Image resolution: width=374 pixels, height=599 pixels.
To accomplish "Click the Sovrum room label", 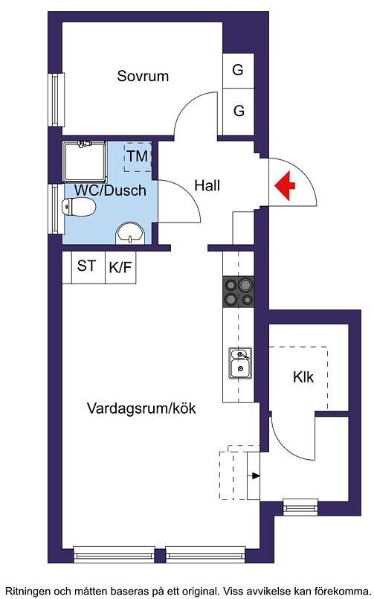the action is [x=143, y=76].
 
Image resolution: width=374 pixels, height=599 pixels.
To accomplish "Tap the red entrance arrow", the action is [x=285, y=186].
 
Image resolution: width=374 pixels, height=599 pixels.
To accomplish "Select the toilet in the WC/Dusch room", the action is [x=79, y=208].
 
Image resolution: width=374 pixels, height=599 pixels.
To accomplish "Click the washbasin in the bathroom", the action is [x=131, y=233].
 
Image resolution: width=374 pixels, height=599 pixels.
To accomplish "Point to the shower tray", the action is [x=85, y=162].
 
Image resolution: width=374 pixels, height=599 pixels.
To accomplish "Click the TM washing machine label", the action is [x=138, y=156].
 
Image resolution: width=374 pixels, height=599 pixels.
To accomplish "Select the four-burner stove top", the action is [x=239, y=292].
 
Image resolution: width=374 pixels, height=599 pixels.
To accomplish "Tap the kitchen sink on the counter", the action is [x=240, y=363].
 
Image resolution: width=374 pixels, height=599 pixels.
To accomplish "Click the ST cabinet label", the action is [x=86, y=266].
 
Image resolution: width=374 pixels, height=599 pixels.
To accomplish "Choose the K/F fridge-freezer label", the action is [x=120, y=267].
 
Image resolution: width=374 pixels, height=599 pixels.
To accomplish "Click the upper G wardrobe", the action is [x=238, y=71].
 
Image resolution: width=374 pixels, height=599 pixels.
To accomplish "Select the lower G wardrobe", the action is [x=239, y=112].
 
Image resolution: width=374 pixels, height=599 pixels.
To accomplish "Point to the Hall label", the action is [x=207, y=186].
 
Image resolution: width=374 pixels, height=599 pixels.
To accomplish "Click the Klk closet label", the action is [x=303, y=377].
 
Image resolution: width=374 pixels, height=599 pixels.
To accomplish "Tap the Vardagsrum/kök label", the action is [x=141, y=409].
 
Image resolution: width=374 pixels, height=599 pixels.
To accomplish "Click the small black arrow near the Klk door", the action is [x=255, y=475].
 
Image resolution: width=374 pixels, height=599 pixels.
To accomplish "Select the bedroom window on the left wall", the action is [x=56, y=99].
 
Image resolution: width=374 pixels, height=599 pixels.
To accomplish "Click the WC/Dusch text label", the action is [x=110, y=190].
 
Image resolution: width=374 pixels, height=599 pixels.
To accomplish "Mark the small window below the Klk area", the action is [x=300, y=507].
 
